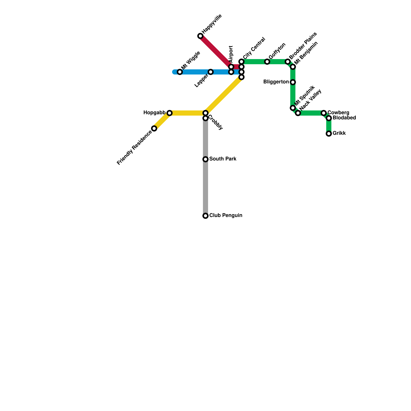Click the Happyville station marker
[x=200, y=36]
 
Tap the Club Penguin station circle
[x=206, y=216]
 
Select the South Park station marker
[x=206, y=159]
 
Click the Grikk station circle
[x=329, y=134]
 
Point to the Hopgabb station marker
[x=170, y=113]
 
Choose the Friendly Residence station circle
[x=154, y=128]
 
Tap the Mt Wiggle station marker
[x=180, y=72]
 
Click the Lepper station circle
[x=211, y=72]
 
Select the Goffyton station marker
[x=267, y=62]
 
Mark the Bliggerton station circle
[x=293, y=82]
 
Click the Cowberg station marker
[x=324, y=113]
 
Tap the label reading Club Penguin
[x=226, y=216]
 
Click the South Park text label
[x=223, y=159]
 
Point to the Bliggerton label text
[x=276, y=82]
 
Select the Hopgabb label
[x=154, y=113]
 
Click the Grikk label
[x=339, y=133]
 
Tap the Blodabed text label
[x=344, y=118]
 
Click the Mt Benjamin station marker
[x=293, y=67]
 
